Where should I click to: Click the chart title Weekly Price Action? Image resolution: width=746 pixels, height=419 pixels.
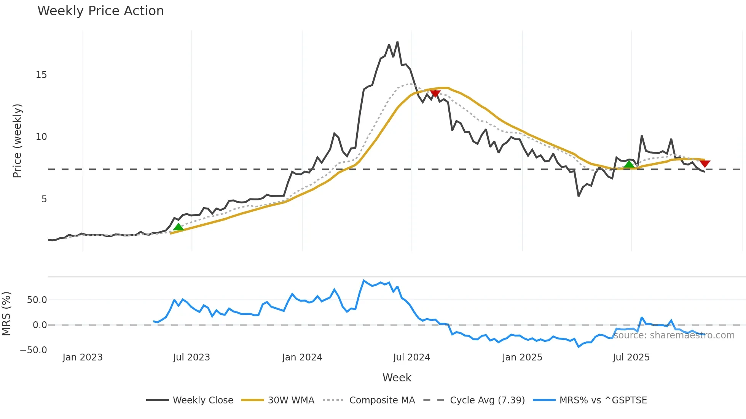pos(100,11)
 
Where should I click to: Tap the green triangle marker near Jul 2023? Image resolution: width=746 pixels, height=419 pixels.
pos(178,227)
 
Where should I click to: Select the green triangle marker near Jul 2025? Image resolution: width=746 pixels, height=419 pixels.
pos(629,164)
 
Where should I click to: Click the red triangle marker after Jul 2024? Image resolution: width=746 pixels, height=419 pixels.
pos(435,93)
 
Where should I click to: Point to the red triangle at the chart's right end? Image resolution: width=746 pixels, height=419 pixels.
pos(705,163)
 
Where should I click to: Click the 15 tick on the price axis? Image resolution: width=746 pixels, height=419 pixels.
pos(41,75)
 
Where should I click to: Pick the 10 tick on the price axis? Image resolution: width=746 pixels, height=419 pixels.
pos(41,137)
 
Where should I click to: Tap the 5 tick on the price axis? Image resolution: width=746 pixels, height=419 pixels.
pos(44,199)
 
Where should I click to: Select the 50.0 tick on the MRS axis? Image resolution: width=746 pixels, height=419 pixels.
pos(37,300)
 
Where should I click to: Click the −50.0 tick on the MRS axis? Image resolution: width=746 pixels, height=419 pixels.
pos(33,350)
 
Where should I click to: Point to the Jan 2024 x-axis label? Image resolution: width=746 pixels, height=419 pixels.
pos(302,357)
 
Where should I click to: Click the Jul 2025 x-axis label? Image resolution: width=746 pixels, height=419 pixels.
pos(631,357)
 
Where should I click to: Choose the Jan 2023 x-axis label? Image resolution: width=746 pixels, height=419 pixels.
pos(83,357)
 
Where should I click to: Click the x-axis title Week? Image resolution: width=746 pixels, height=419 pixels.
pos(397,378)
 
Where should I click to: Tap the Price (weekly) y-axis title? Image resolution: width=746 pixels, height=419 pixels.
pos(18,141)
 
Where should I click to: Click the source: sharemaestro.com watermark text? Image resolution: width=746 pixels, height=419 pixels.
pos(674,335)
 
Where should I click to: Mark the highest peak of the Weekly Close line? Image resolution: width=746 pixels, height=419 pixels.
pos(397,42)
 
